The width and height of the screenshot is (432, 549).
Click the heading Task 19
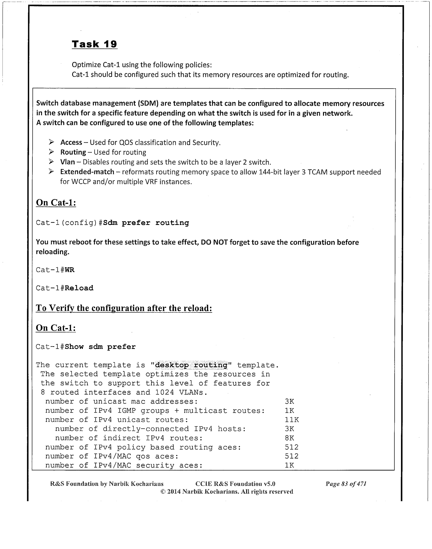pos(94,44)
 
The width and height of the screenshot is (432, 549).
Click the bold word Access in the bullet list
pos(71,142)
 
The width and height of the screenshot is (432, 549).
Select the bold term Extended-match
pos(87,172)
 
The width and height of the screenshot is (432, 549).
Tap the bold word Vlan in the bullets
pos(67,162)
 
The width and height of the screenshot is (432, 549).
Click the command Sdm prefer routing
pos(146,223)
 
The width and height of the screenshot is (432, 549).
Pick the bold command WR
pos(69,270)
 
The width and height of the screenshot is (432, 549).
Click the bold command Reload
pos(79,288)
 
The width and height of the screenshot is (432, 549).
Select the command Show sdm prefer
pos(100,347)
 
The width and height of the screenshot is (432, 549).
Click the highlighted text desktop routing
pos(191,365)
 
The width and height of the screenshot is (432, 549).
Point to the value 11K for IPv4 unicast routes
pos(292,420)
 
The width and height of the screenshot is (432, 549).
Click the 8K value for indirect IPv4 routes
pos(289,438)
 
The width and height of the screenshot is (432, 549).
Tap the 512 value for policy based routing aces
pos(291,447)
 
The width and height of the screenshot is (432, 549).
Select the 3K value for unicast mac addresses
pos(289,402)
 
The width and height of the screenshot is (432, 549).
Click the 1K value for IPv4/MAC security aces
pos(289,466)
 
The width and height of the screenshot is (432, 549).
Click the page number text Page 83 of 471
pos(346,484)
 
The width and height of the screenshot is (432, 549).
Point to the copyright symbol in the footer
pos(162,492)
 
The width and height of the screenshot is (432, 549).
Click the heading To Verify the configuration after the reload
pos(124,308)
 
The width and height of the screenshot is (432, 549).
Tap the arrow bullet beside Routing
pos(51,152)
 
